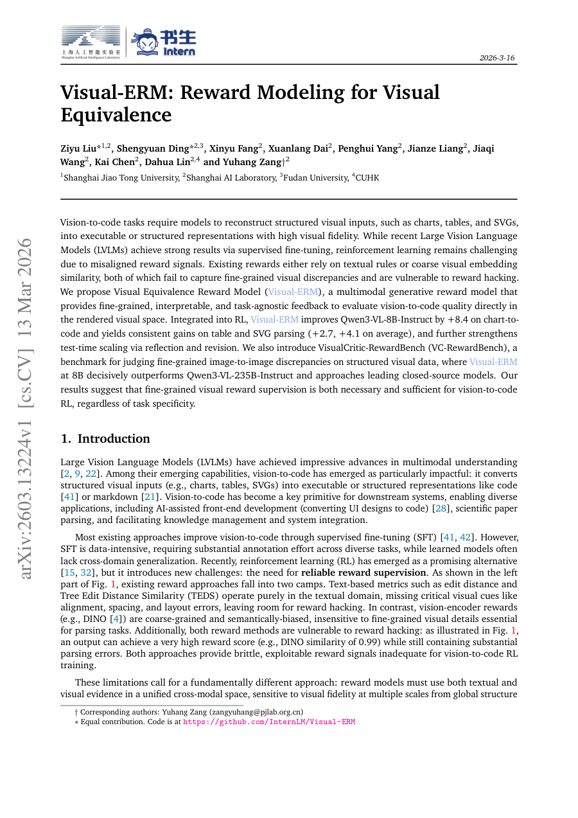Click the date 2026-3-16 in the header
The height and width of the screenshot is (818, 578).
(x=497, y=58)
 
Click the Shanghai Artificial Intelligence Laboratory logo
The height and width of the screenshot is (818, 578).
(x=91, y=42)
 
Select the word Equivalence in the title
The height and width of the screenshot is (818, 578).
(x=116, y=115)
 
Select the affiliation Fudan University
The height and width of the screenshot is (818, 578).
(x=311, y=177)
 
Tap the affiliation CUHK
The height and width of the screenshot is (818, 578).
(x=367, y=177)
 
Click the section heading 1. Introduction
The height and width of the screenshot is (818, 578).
(x=105, y=439)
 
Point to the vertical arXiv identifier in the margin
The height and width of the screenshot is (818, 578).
(x=26, y=408)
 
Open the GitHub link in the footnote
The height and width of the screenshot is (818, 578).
(x=269, y=722)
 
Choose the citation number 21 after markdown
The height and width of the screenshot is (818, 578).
(x=148, y=497)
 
